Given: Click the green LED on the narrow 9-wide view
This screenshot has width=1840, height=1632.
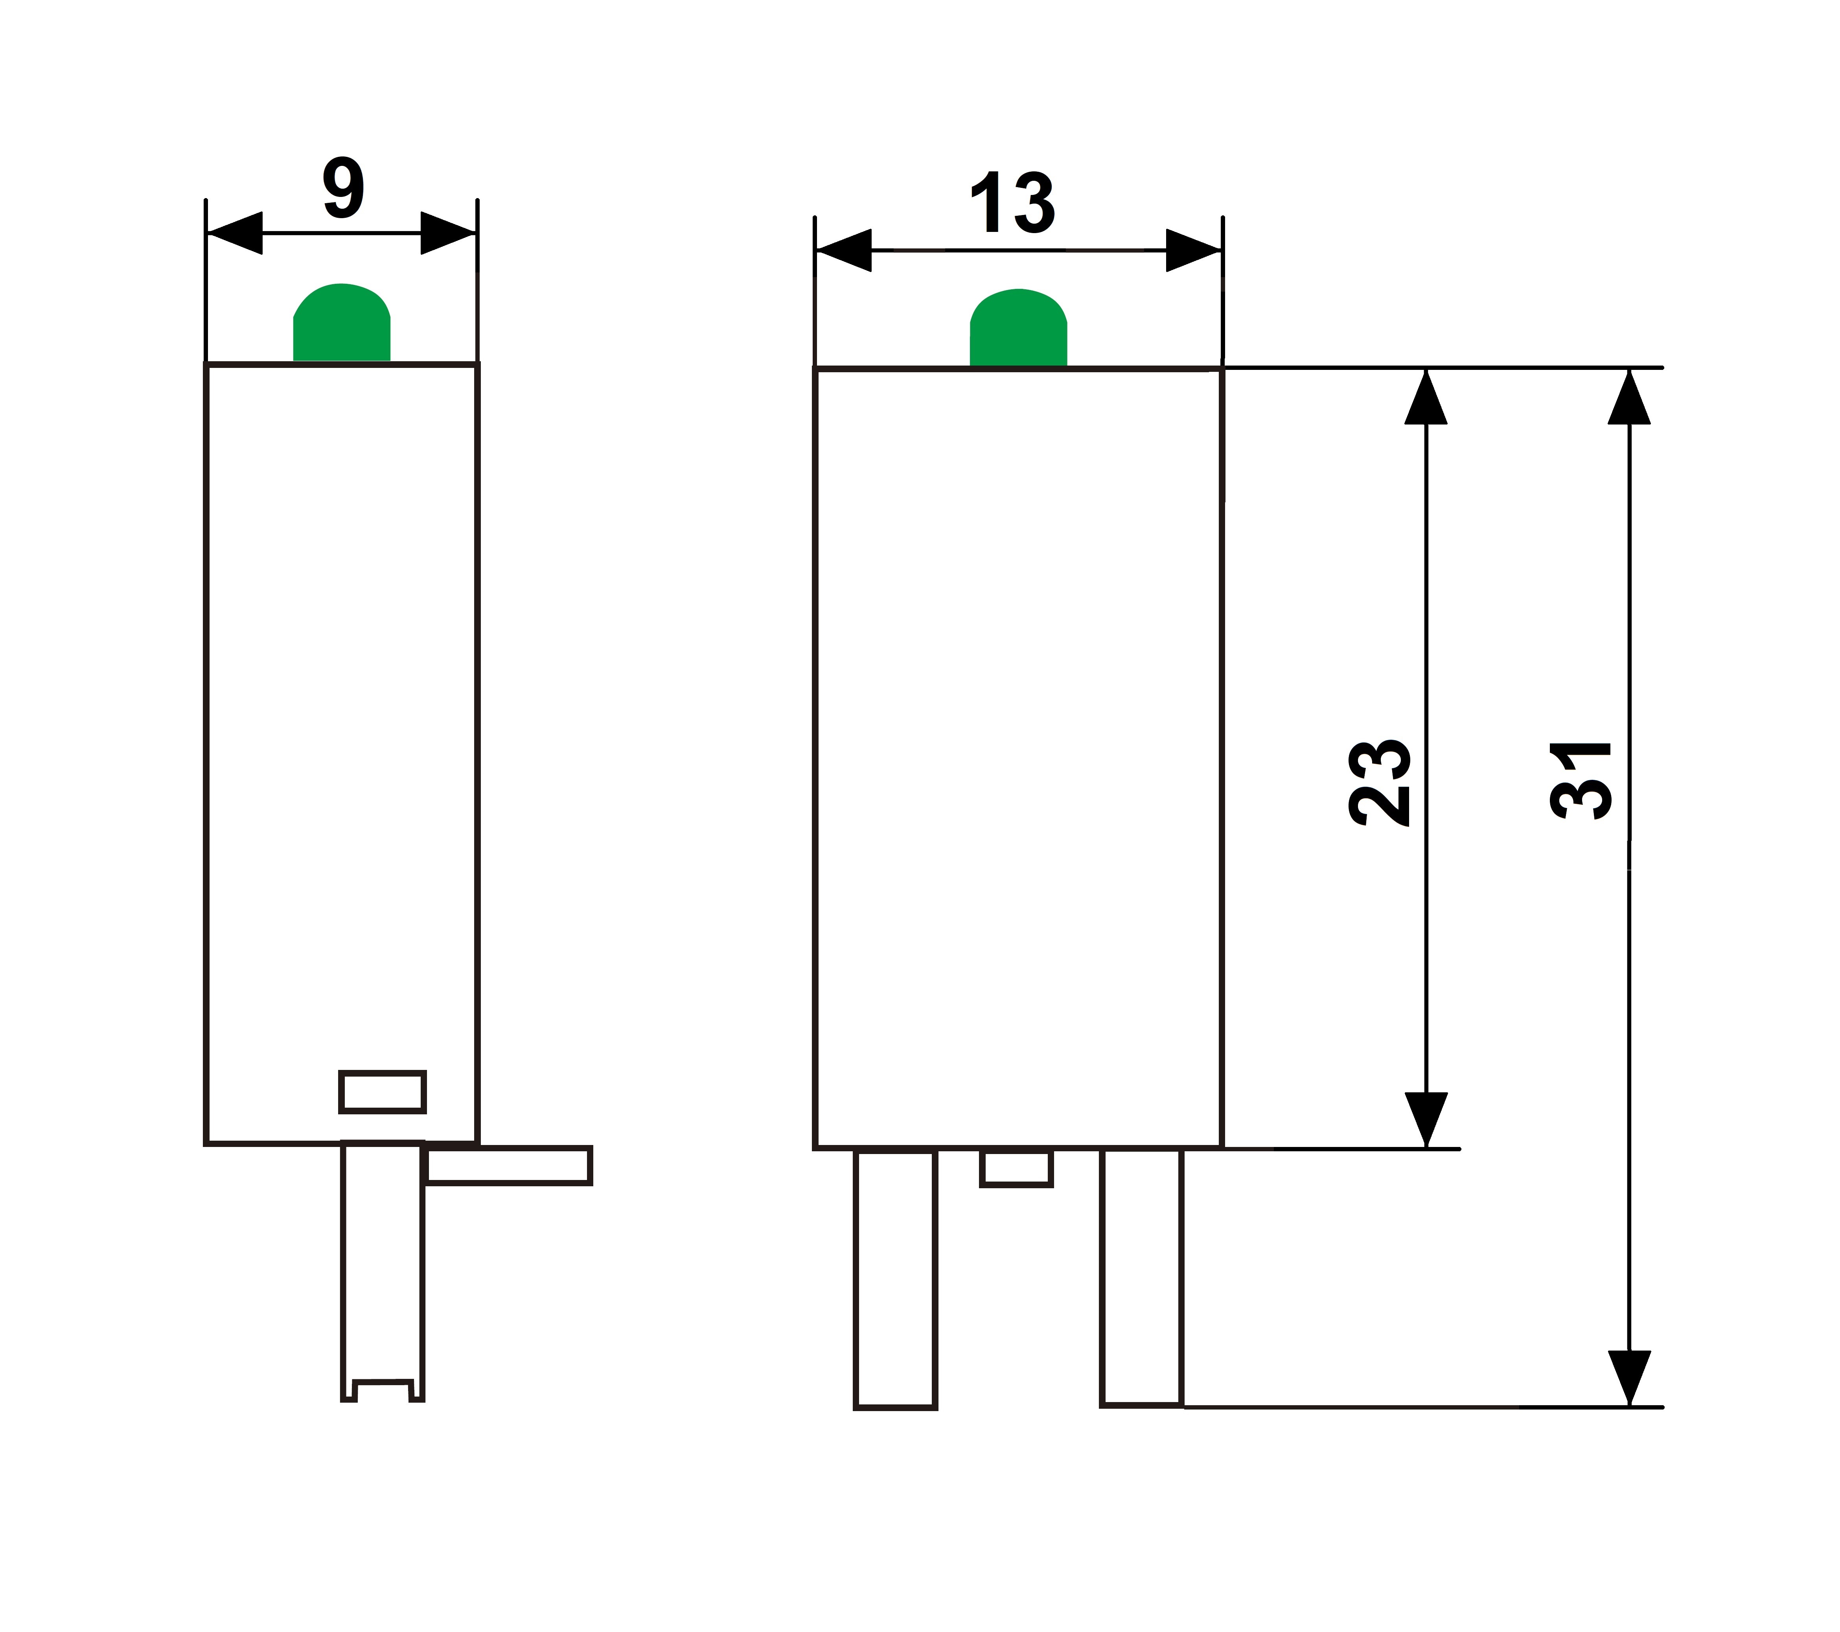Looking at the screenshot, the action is (342, 322).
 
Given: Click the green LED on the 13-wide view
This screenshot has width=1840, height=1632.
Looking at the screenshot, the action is (1018, 328).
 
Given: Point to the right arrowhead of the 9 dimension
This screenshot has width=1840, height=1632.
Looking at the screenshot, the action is (448, 233).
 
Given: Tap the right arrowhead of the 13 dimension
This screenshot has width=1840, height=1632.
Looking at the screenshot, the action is (1194, 250).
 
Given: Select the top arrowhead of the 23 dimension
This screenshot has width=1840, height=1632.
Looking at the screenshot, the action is (1426, 396).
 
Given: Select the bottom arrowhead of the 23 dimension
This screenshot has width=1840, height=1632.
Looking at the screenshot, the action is (1426, 1120).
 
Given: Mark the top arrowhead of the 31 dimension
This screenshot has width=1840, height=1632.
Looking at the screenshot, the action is (1629, 396).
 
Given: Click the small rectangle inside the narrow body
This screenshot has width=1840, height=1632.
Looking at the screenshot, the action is (383, 1092).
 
